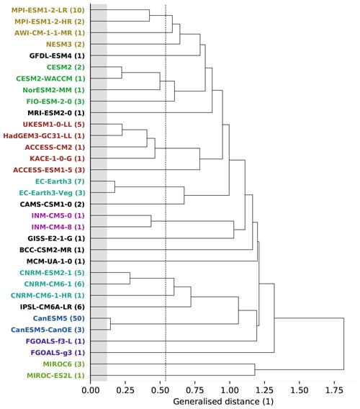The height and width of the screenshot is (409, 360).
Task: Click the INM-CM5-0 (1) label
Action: (x=57, y=215)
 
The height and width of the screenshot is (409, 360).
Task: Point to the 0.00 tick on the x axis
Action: (x=90, y=390)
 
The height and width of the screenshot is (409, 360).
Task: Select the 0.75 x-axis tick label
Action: (x=194, y=390)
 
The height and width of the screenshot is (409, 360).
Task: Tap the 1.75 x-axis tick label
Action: (x=333, y=390)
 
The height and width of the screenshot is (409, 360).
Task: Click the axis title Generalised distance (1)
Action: (x=216, y=400)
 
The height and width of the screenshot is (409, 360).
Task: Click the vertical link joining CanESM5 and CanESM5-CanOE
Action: (x=110, y=324)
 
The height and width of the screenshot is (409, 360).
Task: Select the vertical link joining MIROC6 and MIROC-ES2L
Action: (x=254, y=369)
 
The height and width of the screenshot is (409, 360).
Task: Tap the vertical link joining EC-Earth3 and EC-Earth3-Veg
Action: (x=114, y=187)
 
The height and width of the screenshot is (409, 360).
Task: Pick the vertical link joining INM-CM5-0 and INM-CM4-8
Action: (x=150, y=221)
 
